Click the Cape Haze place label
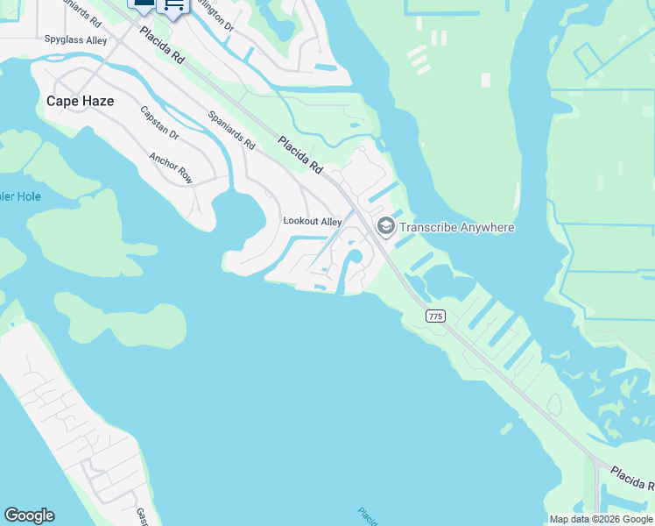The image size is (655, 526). [x=80, y=101]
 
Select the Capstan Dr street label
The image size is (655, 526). [x=159, y=124]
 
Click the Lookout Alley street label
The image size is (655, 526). [x=312, y=222]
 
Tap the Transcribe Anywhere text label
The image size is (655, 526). [x=456, y=228]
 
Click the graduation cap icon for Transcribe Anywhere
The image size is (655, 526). [x=384, y=227]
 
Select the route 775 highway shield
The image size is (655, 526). [x=435, y=316]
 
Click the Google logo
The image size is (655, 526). [x=29, y=515]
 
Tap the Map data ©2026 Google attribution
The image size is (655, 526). [x=601, y=519]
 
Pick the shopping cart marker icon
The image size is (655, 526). [x=173, y=6]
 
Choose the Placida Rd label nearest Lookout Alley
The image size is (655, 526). [x=301, y=155]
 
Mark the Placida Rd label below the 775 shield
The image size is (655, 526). [x=632, y=478]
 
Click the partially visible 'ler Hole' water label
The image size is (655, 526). [x=20, y=196]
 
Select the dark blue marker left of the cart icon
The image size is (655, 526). [x=143, y=5]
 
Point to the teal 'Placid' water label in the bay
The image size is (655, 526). [x=368, y=515]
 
